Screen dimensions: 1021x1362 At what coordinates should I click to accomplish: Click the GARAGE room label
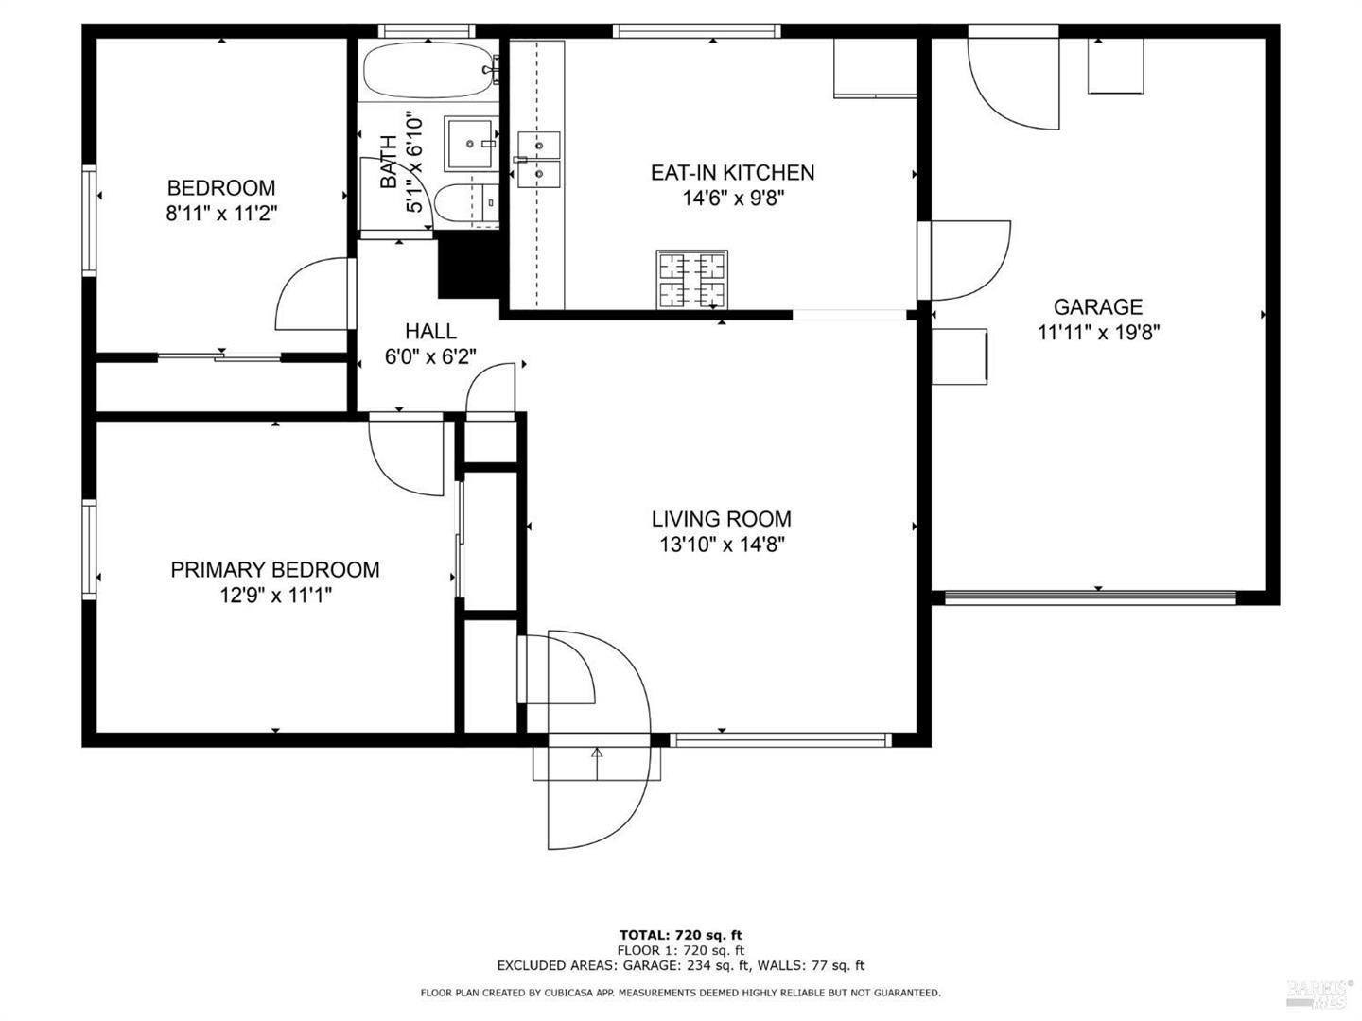point(1097,306)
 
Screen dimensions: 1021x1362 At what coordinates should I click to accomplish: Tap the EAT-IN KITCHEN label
point(732,172)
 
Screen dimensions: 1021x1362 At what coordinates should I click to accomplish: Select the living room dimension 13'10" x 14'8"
point(722,545)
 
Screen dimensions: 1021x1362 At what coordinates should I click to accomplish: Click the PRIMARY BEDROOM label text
point(274,569)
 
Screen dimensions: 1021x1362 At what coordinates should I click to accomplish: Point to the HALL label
point(430,331)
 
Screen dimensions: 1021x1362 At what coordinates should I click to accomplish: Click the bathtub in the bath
point(428,70)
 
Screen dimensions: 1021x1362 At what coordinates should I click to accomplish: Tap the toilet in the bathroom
point(468,203)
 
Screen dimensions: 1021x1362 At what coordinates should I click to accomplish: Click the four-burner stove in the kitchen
point(692,280)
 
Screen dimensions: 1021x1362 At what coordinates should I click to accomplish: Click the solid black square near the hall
point(467,267)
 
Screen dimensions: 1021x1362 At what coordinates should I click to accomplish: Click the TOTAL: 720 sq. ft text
point(680,935)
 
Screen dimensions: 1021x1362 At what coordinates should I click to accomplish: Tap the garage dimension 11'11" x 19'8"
point(1098,333)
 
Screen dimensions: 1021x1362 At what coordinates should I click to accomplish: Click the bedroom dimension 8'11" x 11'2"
point(221,214)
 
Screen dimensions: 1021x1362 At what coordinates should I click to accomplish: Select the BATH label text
point(389,163)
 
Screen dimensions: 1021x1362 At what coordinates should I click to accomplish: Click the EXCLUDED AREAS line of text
point(680,965)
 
